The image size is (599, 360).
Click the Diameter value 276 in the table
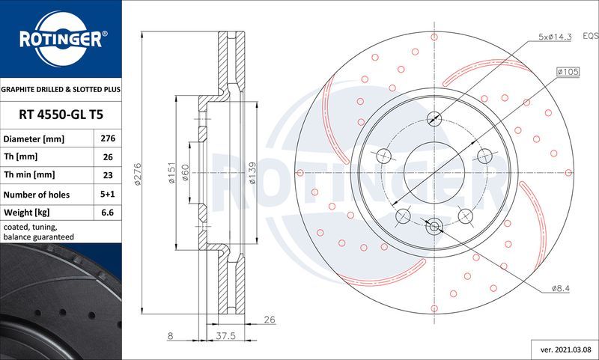106,139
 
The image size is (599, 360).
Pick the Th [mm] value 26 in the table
106,157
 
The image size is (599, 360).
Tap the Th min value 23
106,175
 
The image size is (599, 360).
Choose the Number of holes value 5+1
106,193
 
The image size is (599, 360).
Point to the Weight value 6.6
106,211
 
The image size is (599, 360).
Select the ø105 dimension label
566,71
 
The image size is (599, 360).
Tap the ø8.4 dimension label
562,288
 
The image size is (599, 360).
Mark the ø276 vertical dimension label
138,173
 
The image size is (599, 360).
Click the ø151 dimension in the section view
171,173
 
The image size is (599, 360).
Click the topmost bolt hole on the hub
434,119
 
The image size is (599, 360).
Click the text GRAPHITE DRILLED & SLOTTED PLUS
60,88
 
